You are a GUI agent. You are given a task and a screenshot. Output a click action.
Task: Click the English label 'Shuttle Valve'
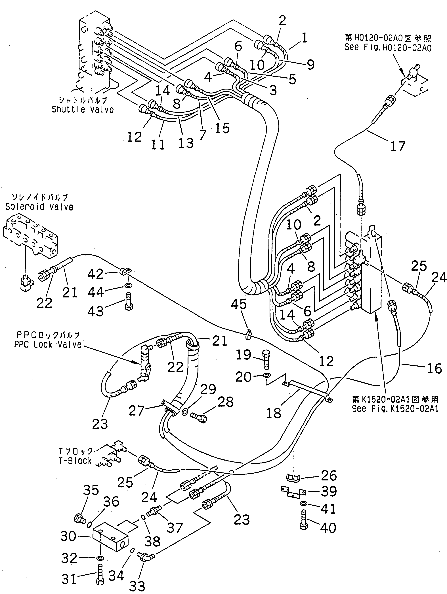[x=83, y=110]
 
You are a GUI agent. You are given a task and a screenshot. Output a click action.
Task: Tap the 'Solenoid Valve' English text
[x=39, y=207]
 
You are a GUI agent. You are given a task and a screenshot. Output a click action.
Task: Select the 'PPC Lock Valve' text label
[x=48, y=344]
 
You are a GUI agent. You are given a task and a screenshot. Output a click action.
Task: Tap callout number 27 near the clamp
[x=137, y=411]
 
